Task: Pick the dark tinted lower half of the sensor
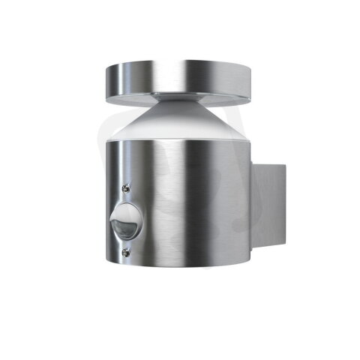click(x=124, y=228)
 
